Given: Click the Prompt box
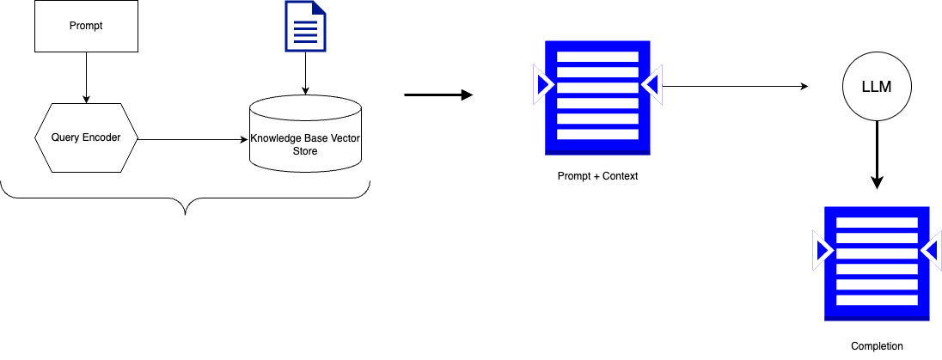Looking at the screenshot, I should click(85, 26).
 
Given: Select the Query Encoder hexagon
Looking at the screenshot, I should click(85, 138).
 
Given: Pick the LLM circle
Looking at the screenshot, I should click(875, 87).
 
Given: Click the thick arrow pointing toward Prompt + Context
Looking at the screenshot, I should click(438, 95).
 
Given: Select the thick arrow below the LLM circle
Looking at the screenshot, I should click(876, 155).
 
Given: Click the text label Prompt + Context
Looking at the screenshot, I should click(597, 176).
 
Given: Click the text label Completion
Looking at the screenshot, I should click(877, 345).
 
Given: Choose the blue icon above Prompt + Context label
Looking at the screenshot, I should click(597, 96).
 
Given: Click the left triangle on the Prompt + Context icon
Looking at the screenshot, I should click(543, 83).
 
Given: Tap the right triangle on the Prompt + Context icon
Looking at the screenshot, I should click(651, 83).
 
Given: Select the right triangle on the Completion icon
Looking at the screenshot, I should click(930, 250).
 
